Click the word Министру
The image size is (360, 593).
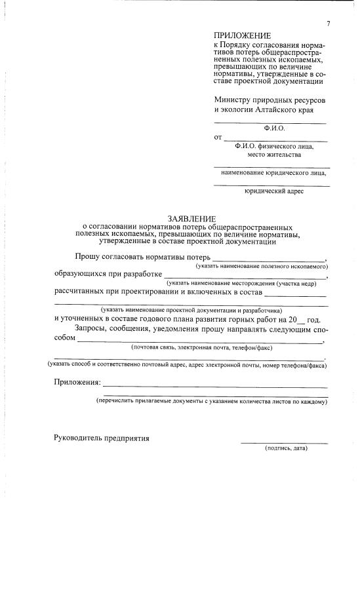tap(233, 100)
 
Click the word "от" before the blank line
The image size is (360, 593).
tap(218, 138)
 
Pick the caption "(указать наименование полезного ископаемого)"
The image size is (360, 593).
tap(262, 267)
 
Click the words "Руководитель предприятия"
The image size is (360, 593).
tap(102, 438)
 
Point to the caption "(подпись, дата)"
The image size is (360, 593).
tap(286, 448)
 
